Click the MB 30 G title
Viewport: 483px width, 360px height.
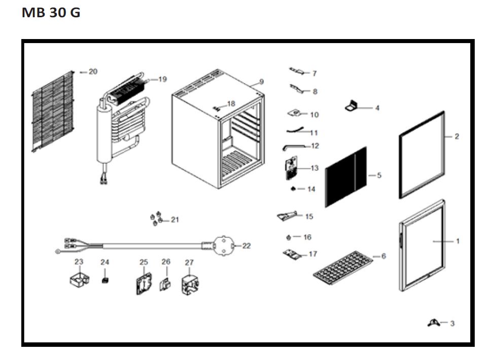(51, 13)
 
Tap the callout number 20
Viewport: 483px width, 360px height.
(93, 71)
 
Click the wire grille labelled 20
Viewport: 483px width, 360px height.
(53, 112)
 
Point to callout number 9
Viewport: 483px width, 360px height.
(261, 82)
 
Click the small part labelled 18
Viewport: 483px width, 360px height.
(217, 108)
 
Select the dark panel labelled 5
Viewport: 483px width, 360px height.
(346, 177)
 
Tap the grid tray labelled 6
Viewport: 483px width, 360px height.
(343, 268)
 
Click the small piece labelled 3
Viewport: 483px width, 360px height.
(433, 323)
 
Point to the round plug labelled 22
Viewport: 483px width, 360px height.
(223, 245)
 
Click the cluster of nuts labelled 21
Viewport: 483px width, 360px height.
(156, 219)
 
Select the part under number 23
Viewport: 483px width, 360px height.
(80, 279)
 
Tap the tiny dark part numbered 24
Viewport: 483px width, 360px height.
(105, 280)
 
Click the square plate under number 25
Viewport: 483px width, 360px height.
(144, 283)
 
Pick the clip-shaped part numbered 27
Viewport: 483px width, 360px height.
(190, 285)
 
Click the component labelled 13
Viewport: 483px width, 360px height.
(291, 168)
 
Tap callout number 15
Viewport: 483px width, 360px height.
(309, 217)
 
